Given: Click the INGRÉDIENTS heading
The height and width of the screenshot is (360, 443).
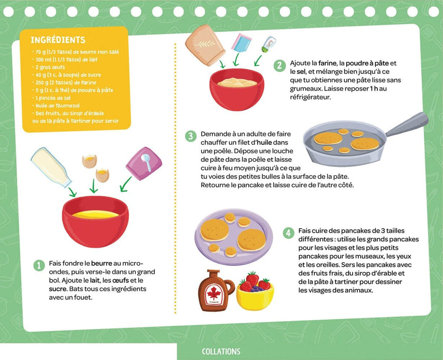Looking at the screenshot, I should [x=58, y=40].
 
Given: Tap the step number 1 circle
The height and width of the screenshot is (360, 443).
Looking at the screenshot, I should [x=39, y=265].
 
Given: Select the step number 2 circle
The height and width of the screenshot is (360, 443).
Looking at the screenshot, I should [x=279, y=66].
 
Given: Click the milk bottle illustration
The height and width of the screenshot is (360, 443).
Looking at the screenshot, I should [x=50, y=166].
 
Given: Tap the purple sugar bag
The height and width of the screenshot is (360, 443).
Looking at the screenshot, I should [x=144, y=163].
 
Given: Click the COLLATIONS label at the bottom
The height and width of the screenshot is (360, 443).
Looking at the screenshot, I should [x=221, y=351].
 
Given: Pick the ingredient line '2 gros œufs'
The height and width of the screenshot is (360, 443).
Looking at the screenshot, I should [x=50, y=67].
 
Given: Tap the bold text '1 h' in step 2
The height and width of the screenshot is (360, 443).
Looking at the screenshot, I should [x=374, y=89].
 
